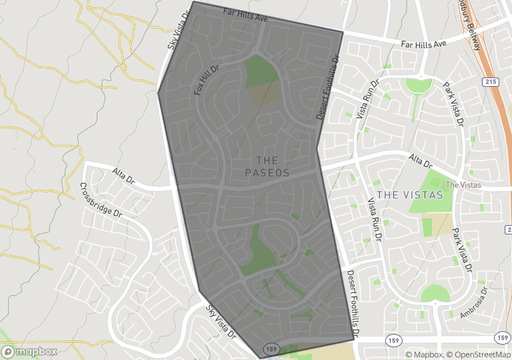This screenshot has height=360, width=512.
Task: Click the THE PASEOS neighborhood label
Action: (272, 166)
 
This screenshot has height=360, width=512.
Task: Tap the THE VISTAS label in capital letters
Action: (409, 195)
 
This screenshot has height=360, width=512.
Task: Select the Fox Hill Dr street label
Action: (207, 79)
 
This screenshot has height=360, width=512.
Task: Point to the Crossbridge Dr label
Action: (101, 200)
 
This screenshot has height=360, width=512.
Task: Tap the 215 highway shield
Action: (491, 80)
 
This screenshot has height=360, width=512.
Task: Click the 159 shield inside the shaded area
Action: (270, 349)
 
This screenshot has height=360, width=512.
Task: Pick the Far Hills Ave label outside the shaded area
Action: (423, 44)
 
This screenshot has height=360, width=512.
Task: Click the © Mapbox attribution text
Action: (424, 355)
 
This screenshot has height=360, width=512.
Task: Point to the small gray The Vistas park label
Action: (463, 185)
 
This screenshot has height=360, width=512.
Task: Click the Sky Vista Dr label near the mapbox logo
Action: (221, 321)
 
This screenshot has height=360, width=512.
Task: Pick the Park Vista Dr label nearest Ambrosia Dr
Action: (462, 250)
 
